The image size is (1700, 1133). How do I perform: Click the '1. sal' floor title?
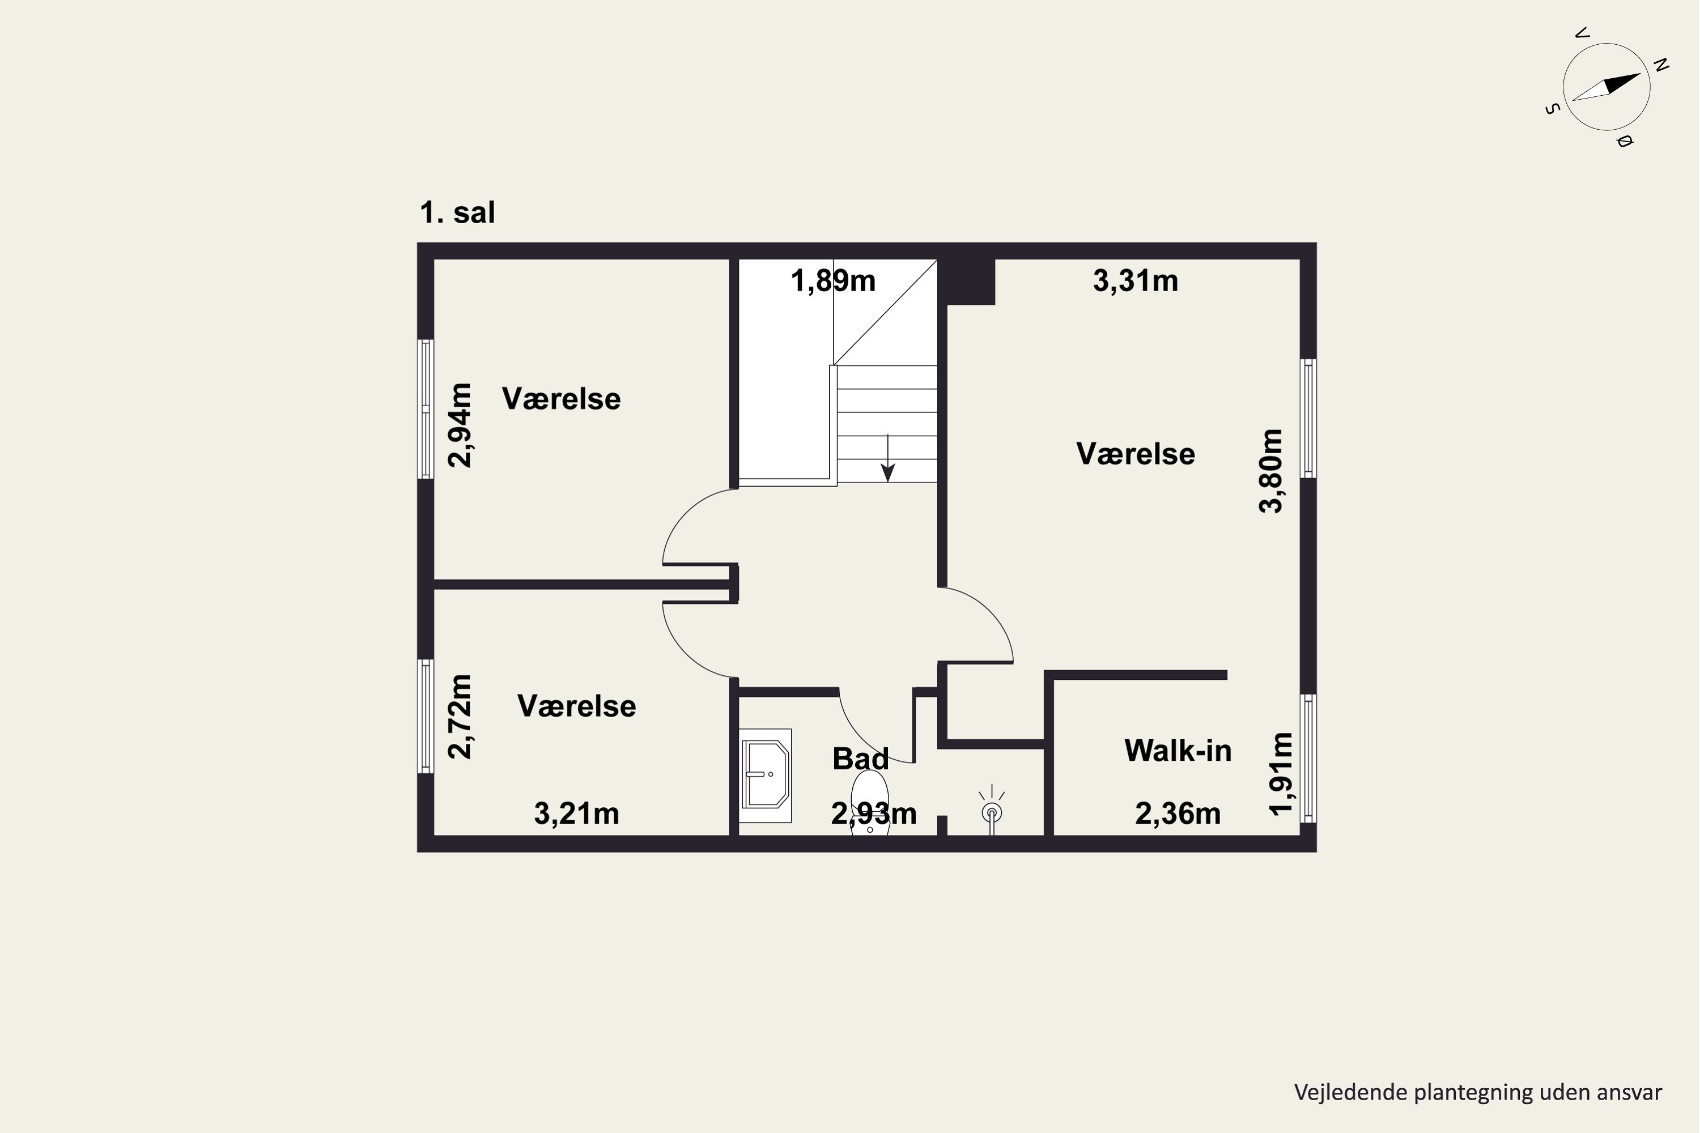point(457,212)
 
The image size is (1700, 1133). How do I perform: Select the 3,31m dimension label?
point(1135,280)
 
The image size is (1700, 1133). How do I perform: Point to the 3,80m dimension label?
point(1270,471)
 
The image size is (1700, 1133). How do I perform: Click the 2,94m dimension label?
point(460,425)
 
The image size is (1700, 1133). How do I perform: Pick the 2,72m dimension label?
point(460,716)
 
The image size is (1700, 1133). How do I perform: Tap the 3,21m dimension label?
point(576,813)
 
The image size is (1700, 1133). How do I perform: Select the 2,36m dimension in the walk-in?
point(1178,813)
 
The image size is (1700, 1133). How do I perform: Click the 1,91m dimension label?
point(1281,774)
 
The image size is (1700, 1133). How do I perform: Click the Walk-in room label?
point(1178,751)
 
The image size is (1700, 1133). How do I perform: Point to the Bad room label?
point(860,759)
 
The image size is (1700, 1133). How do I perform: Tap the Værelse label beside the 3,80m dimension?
point(1135,454)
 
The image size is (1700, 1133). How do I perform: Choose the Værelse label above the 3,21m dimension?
point(576,706)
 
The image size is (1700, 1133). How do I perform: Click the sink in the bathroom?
point(766,776)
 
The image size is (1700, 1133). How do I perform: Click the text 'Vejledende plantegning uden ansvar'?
point(1478,1092)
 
